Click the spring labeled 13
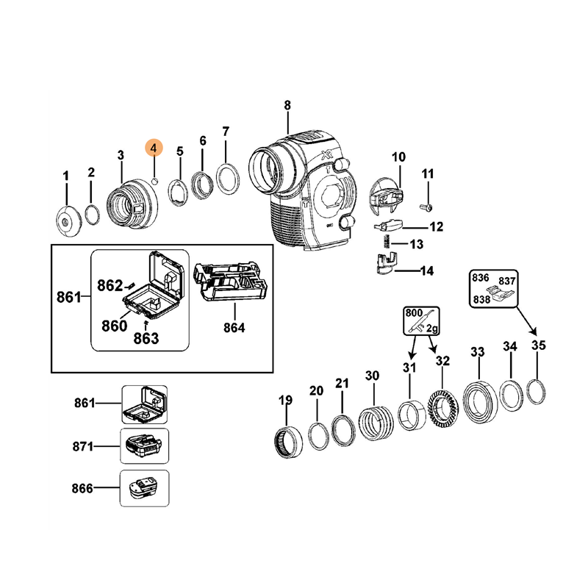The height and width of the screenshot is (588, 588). pos(382,243)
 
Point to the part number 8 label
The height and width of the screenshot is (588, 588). pos(287,105)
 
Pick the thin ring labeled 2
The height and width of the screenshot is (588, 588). pos(92,215)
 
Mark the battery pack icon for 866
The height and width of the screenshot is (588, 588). pos(144,489)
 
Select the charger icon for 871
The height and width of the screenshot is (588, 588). pos(144,446)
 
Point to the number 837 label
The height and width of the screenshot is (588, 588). pos(507,282)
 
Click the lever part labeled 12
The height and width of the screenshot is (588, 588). pos(388,225)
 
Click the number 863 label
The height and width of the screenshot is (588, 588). pos(146,339)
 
